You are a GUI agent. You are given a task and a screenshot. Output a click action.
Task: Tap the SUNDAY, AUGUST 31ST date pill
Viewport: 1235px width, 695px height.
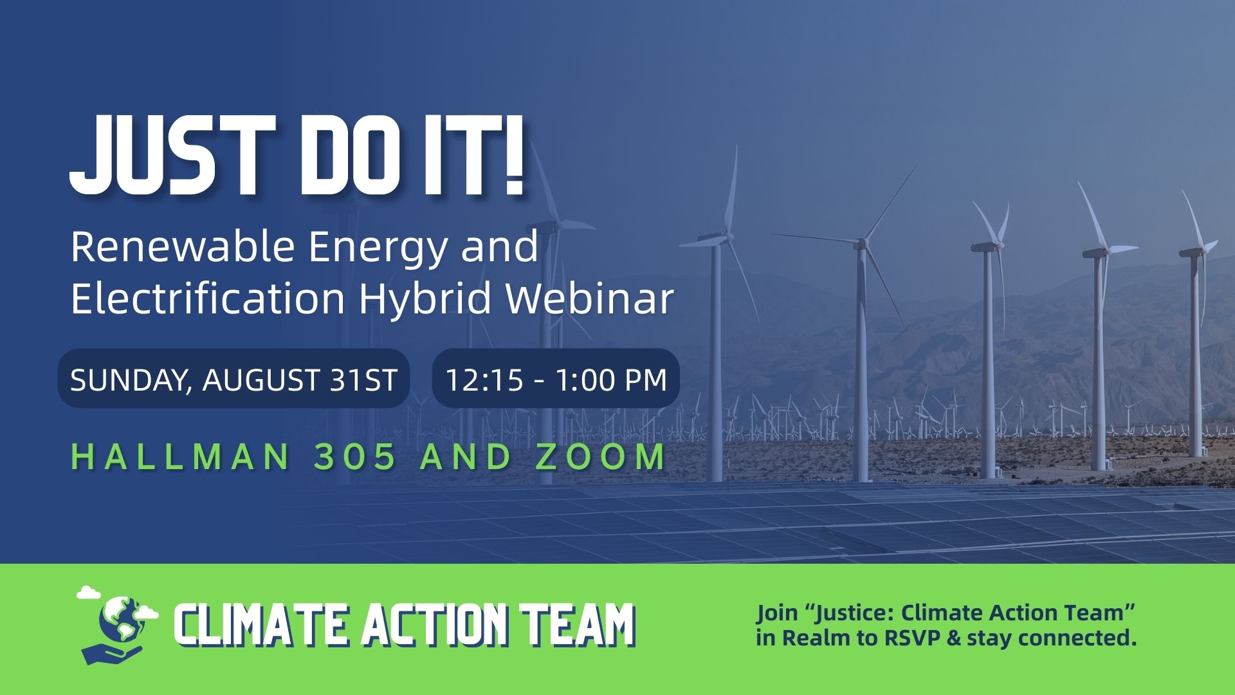pyautogui.click(x=233, y=378)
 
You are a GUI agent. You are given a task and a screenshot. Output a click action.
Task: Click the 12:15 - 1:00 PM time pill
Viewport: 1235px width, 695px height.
pyautogui.click(x=556, y=378)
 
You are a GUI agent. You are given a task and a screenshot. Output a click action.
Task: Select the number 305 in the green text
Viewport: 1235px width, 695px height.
pyautogui.click(x=356, y=457)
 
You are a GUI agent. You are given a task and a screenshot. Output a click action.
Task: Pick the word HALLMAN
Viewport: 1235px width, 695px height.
pyautogui.click(x=180, y=457)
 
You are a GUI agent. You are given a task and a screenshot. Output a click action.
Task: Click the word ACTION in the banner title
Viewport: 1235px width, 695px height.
pyautogui.click(x=429, y=625)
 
